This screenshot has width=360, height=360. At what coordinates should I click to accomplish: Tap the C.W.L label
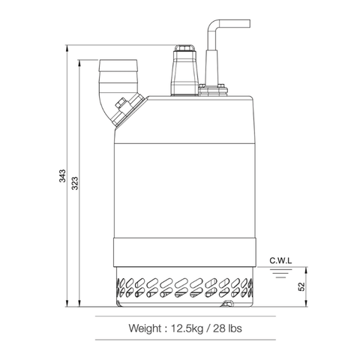point(280,260)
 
